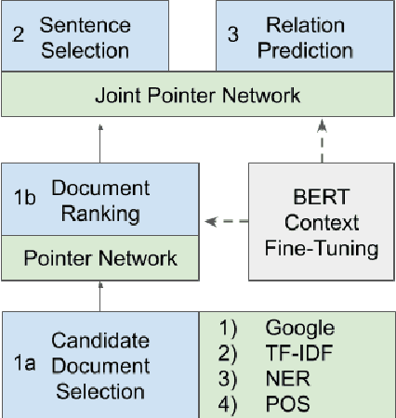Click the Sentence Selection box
point(99,36)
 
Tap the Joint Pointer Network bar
point(198,95)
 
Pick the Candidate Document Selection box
point(99,366)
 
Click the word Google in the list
point(299,327)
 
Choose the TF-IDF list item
point(298,353)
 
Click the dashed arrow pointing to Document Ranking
point(226,221)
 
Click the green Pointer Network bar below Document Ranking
point(99,256)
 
